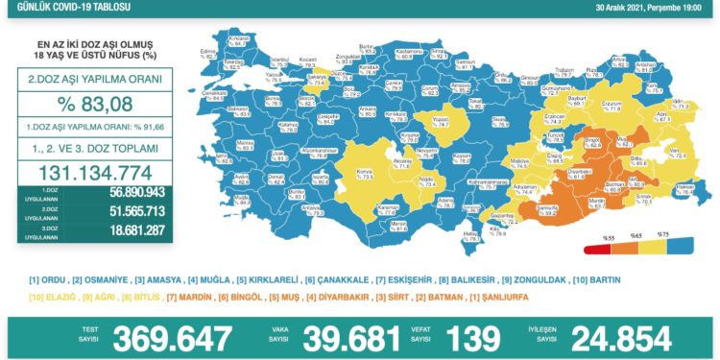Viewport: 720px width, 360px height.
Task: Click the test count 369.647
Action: [173, 337]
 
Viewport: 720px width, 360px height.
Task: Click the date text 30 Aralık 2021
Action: [622, 8]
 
